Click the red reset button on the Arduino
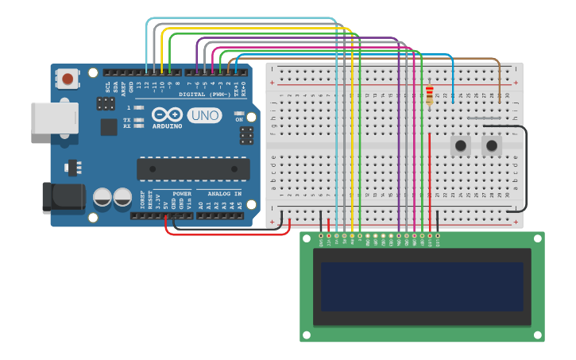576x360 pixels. point(68,79)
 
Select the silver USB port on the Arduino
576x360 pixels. point(54,118)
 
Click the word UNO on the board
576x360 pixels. point(204,115)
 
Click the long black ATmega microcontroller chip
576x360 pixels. point(193,169)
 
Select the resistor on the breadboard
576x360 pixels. point(430,95)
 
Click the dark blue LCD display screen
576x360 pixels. point(422,287)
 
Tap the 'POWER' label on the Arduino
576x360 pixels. point(182,193)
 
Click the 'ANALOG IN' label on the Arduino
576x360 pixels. point(224,193)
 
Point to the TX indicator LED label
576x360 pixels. point(127,120)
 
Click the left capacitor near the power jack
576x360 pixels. point(102,197)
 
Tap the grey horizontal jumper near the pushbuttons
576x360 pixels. point(484,118)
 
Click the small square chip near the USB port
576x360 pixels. point(109,127)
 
